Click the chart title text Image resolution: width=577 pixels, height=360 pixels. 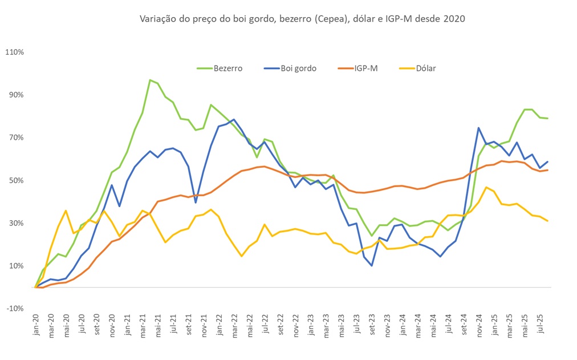tap(302, 19)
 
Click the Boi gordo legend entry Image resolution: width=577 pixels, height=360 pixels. tap(298, 68)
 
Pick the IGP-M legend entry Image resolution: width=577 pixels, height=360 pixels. tap(365, 68)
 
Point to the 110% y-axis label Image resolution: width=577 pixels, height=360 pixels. tap(14, 52)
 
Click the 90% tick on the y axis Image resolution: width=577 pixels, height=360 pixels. tap(16, 95)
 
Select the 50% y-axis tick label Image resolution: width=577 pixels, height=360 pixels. tap(16, 180)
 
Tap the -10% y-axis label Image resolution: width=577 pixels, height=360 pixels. tap(15, 308)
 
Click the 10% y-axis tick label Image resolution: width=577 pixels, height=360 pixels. tap(16, 266)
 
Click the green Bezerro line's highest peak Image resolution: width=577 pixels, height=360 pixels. tap(150, 80)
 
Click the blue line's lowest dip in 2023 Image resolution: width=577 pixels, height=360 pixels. tap(372, 265)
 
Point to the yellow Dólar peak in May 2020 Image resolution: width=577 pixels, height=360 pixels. tap(66, 211)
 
